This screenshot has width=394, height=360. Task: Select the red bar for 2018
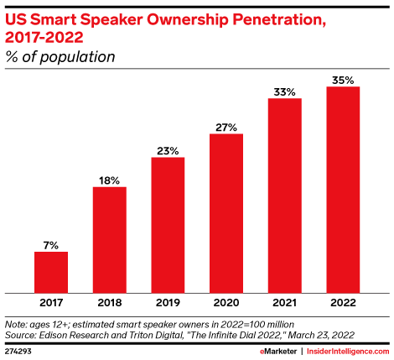pos(109,237)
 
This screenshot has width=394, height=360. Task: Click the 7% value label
pos(50,245)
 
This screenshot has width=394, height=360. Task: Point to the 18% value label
pos(109,180)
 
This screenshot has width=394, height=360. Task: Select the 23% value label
pos(168,150)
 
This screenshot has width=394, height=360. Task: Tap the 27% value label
pos(226,127)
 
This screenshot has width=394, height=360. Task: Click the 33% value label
pos(285,91)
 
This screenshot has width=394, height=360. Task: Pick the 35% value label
pos(343,80)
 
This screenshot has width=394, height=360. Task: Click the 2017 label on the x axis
pos(50,300)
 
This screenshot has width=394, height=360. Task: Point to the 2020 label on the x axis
pos(226,300)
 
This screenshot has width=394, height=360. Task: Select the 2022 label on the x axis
pos(343,300)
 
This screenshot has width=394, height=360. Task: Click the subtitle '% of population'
pos(60,56)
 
